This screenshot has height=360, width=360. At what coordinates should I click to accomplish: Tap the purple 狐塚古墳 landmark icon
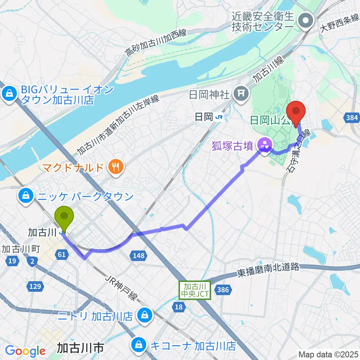coord(265,144)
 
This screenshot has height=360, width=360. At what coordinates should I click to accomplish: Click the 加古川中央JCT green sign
coord(195,290)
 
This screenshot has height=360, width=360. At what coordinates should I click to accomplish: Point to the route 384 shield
coord(352,118)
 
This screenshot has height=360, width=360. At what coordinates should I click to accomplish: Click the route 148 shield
coord(137,256)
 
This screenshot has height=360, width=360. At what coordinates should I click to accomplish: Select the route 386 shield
coord(224,289)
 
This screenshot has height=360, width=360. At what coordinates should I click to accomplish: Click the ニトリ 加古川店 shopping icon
coord(143,315)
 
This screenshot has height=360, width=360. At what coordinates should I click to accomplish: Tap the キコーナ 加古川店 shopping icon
coord(139,344)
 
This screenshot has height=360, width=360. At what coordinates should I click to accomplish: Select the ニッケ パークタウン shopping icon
coord(26,195)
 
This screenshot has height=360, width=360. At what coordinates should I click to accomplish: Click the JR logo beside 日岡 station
coord(219,117)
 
